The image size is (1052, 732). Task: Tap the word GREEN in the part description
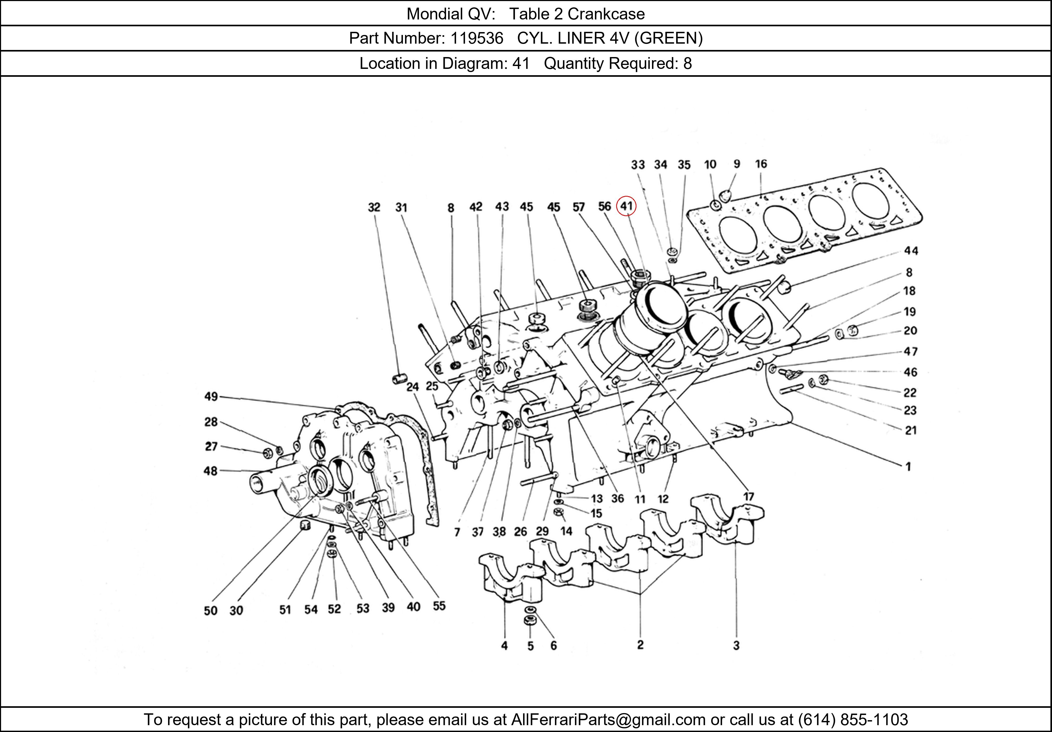(x=669, y=38)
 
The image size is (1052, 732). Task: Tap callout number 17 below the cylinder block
(x=748, y=497)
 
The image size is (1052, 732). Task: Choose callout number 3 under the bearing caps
(x=736, y=645)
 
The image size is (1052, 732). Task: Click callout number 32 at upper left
(x=374, y=207)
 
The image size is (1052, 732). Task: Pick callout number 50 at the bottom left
(x=210, y=610)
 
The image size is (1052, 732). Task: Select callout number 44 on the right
(x=911, y=251)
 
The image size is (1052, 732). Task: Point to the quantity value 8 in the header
(x=687, y=63)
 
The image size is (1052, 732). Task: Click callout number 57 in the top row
(x=579, y=207)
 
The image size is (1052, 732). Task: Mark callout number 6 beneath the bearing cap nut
(x=554, y=645)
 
